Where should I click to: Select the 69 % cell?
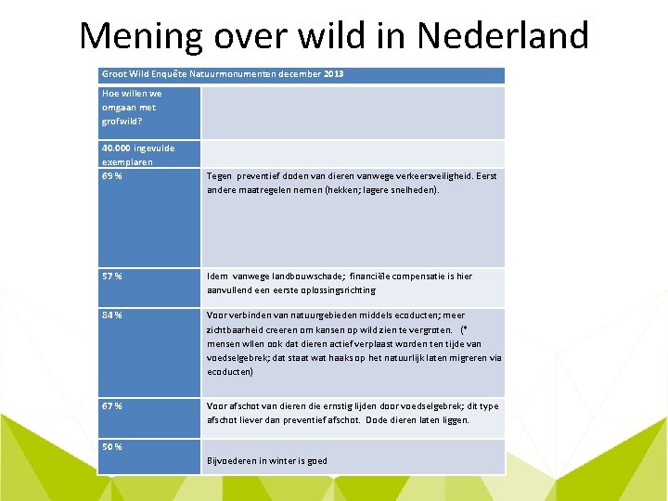(x=112, y=175)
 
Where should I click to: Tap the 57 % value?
(x=112, y=276)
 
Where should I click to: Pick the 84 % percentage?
(x=112, y=315)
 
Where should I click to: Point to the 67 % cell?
(x=112, y=405)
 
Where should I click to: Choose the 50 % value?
(x=112, y=446)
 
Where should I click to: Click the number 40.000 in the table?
(x=116, y=148)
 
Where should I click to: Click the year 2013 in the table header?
(x=333, y=73)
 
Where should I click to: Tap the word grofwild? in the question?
(x=122, y=121)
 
